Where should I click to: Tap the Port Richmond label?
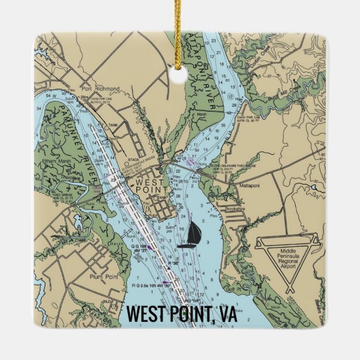100,89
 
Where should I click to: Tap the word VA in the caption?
224,315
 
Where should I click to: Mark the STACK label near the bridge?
132,159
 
